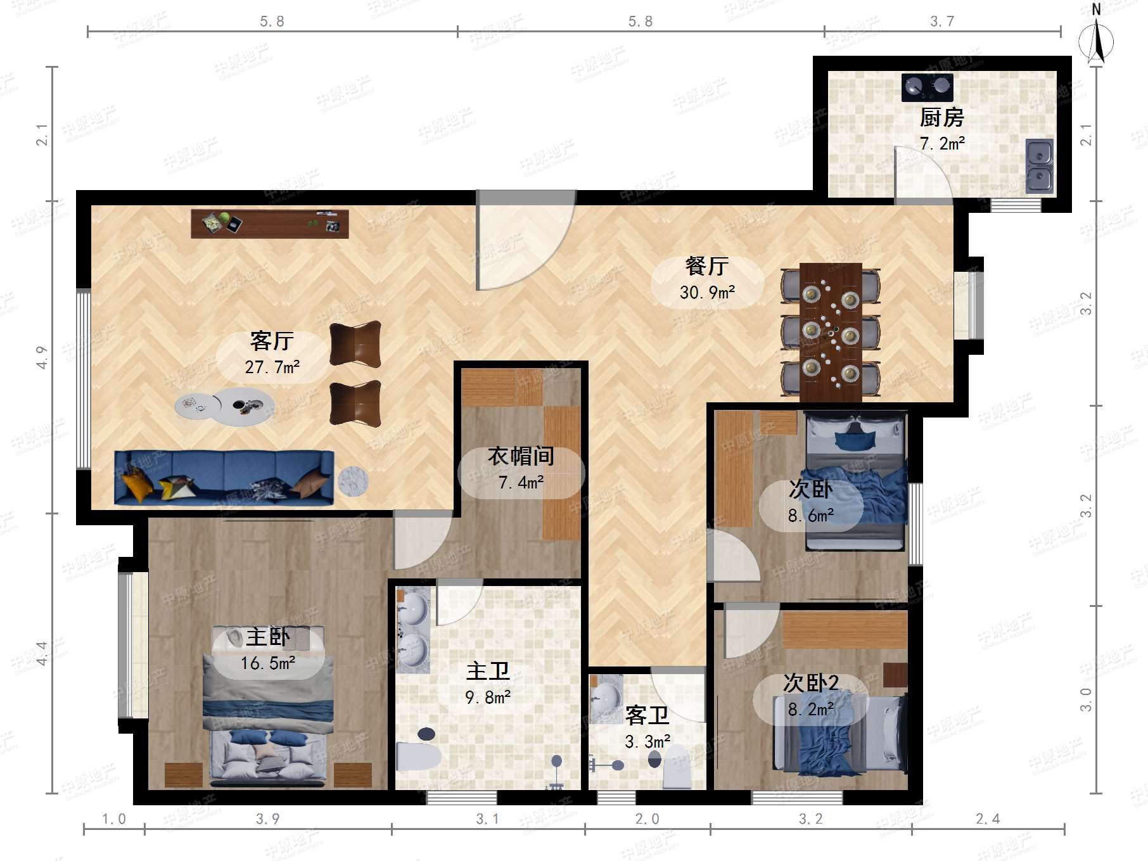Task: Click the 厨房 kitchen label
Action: (x=941, y=117)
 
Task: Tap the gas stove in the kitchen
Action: (x=927, y=87)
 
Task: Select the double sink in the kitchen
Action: (x=1039, y=166)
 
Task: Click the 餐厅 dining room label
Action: (x=707, y=266)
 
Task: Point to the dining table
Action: (x=831, y=332)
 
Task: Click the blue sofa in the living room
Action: (x=224, y=478)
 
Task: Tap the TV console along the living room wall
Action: (x=270, y=224)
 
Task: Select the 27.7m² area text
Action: (x=272, y=367)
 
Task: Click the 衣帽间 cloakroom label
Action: (x=521, y=456)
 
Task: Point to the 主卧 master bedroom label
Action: (x=268, y=636)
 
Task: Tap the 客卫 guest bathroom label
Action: (x=647, y=715)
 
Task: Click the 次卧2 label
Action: (x=811, y=682)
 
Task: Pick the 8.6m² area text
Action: (x=811, y=516)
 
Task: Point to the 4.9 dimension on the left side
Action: (x=42, y=357)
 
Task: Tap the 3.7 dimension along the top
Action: (x=942, y=22)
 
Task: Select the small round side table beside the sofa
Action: (x=352, y=482)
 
